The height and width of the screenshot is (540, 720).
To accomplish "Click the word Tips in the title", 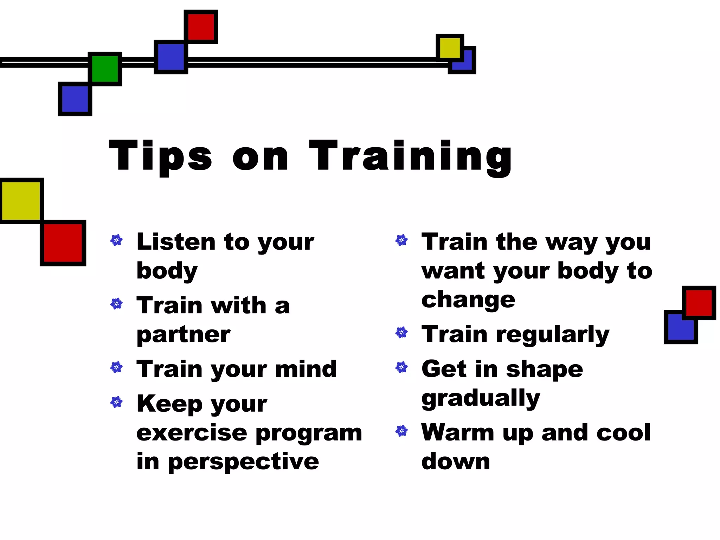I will [x=160, y=156].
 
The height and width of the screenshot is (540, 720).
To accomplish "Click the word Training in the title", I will [x=410, y=156].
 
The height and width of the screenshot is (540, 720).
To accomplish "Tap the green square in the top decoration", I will [x=105, y=69].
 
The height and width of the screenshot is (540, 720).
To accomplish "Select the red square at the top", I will [x=201, y=27].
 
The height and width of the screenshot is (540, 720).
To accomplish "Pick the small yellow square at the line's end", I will [x=450, y=47].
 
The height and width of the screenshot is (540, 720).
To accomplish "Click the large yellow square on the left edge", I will [x=21, y=201].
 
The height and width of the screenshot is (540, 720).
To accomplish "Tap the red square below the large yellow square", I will [x=63, y=243].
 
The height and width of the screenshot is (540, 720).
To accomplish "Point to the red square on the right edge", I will [x=699, y=303].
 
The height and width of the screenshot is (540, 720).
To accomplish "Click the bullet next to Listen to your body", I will [x=116, y=240].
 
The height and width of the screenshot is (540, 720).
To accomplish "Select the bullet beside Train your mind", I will [x=116, y=367].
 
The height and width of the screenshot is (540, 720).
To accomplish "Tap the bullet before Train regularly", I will [x=401, y=332].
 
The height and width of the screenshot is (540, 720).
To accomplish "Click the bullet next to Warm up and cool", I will [x=401, y=431].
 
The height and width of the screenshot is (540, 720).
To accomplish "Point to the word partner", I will [x=183, y=335].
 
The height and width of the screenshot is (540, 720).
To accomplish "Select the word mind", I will [x=306, y=369].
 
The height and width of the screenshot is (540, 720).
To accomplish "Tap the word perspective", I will [x=243, y=462].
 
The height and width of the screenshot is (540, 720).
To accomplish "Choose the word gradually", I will [x=481, y=399].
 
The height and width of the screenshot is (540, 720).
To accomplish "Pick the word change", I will [x=468, y=300].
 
